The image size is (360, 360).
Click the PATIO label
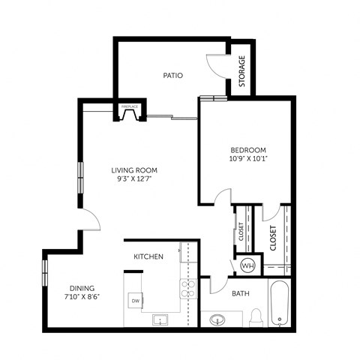pos(174,75)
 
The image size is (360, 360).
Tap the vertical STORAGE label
pos(242,72)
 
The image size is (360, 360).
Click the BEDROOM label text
pos(244,149)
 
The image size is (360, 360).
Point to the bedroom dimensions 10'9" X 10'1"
pos(244,159)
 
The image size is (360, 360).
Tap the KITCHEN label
pos(148,257)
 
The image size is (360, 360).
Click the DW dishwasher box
pos(136,301)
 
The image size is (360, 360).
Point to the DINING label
pos(82,287)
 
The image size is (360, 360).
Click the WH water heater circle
pos(247,265)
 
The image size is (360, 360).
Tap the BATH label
pos(240,293)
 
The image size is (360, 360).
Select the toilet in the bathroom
pos(256,318)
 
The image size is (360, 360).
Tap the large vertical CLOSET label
pos(274,238)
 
